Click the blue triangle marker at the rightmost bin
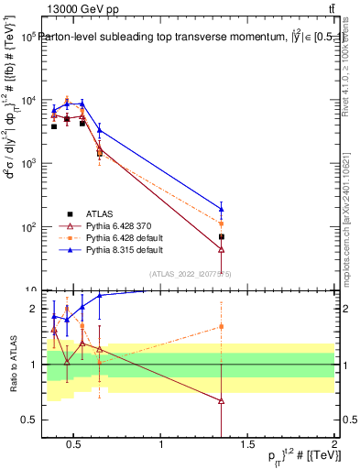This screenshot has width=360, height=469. coord(222,208)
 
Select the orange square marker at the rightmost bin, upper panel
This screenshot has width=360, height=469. coord(222,223)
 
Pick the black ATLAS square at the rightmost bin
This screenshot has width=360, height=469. coord(222,236)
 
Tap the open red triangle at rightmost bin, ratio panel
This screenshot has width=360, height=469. coord(222,401)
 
